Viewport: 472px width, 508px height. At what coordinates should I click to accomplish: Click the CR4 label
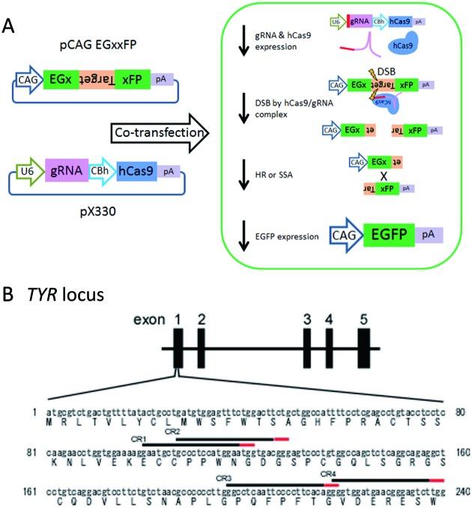[x=327, y=474]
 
